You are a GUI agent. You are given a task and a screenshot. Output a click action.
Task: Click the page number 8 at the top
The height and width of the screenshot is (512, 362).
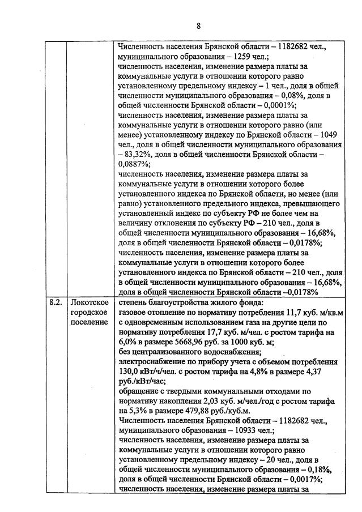click(x=198, y=25)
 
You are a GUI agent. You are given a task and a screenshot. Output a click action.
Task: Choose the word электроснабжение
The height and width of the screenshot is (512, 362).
click(x=153, y=360)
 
